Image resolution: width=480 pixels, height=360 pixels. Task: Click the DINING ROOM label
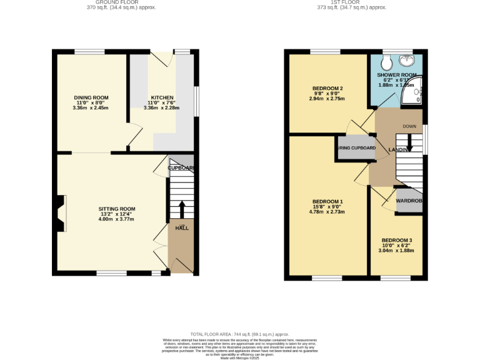coord(91,97)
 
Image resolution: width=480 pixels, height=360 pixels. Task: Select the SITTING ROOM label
coord(116,209)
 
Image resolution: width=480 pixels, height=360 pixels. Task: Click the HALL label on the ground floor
coord(182,228)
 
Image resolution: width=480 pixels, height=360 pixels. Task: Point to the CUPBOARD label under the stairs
coord(181,168)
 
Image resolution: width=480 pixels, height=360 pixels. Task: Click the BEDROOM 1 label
coord(328,201)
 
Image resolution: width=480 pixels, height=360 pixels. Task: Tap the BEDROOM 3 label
coord(397,241)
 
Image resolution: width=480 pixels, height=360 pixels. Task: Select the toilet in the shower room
coord(386,61)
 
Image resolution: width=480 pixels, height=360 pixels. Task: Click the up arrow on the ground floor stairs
coord(182,207)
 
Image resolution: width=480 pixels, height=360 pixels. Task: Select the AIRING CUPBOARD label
coord(356,148)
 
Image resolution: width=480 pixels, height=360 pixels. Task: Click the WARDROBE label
coord(409,201)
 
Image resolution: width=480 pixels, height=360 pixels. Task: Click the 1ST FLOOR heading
coord(351,3)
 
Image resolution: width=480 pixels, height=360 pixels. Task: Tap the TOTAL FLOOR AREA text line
coord(239,335)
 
